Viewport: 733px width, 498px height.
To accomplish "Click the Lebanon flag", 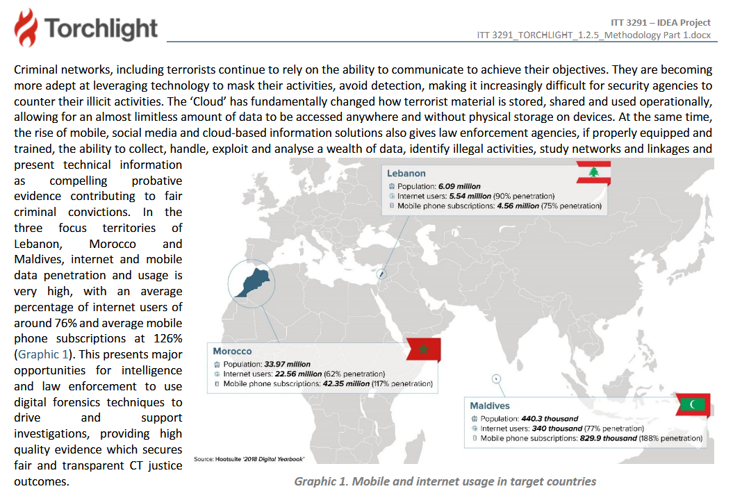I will [x=593, y=173].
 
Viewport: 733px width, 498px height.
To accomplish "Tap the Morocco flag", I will [x=423, y=349].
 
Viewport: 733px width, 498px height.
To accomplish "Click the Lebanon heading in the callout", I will [x=406, y=173].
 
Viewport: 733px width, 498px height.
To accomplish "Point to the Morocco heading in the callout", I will [x=232, y=351].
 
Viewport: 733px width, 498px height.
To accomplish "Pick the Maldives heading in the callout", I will [x=489, y=406].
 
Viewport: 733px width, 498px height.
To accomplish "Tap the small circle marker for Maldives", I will [x=496, y=379].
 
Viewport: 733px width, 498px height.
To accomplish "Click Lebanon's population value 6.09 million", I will [x=460, y=186].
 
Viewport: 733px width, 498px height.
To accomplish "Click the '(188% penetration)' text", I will [x=671, y=438].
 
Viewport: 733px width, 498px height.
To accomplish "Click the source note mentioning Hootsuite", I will [x=249, y=459].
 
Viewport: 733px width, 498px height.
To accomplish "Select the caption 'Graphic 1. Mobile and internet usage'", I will [x=445, y=481].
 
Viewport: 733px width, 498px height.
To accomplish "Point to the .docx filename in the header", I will [x=593, y=35].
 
